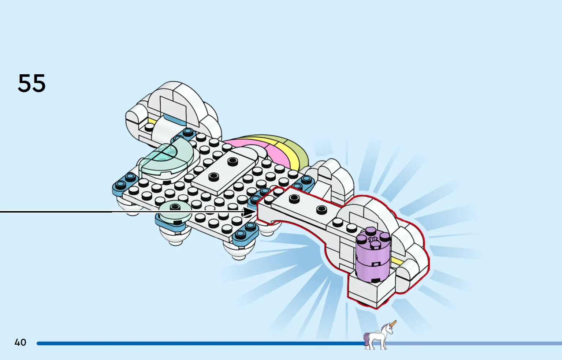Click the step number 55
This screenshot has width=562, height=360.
tap(31, 83)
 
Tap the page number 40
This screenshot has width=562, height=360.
tap(20, 342)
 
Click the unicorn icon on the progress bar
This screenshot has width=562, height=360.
tap(379, 336)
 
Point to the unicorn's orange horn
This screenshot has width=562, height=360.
tap(393, 324)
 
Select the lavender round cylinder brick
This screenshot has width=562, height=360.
tap(373, 256)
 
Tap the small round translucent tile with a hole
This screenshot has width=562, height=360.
tap(175, 210)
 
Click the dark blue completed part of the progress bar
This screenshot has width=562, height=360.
tap(183, 344)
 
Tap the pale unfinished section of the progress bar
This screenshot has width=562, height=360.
tap(476, 344)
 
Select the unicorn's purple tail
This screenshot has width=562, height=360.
tap(366, 338)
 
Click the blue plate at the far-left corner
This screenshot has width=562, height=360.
tap(124, 183)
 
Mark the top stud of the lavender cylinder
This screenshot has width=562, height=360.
tap(371, 231)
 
